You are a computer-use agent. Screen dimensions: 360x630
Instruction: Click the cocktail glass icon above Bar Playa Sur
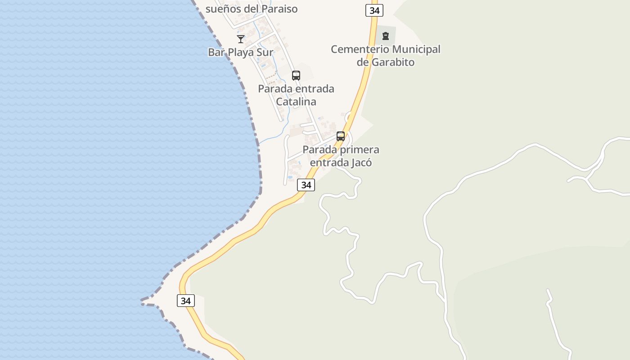(x=241, y=39)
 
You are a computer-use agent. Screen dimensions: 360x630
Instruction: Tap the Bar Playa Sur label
(x=240, y=52)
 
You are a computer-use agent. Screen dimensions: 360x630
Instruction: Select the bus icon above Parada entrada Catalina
(x=296, y=75)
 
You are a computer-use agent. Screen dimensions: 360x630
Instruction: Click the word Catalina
(x=296, y=102)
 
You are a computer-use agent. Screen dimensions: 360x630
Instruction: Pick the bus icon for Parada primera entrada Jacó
(x=341, y=136)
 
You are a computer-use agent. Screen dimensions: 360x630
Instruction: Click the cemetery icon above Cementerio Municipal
(x=385, y=36)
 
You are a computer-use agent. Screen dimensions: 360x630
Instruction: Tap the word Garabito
(x=392, y=62)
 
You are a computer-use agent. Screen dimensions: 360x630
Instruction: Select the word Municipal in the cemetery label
(x=416, y=49)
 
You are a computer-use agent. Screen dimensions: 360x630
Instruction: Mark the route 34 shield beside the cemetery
(x=374, y=10)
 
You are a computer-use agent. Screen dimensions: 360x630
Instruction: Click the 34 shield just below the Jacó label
(x=306, y=184)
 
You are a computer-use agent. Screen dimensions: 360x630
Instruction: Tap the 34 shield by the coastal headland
(x=185, y=301)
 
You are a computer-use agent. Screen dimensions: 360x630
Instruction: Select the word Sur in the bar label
(x=265, y=52)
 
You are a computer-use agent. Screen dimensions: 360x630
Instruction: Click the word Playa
(x=242, y=52)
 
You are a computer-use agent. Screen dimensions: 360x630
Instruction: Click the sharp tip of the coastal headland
(x=142, y=300)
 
